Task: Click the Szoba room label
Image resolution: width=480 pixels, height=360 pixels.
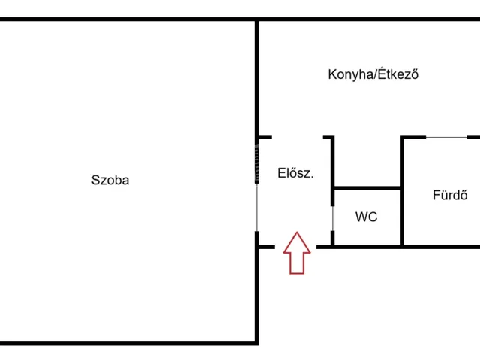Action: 110,180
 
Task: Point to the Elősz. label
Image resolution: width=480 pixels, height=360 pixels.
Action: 295,173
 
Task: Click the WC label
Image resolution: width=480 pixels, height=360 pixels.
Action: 367,217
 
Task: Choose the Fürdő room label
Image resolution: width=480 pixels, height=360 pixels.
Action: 450,195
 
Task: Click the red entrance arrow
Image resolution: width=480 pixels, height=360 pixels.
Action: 297,253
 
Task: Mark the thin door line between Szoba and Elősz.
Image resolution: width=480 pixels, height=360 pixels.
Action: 256,207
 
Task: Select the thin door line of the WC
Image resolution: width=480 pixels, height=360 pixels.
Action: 333,218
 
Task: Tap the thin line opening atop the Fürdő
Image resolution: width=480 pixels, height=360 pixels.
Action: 447,137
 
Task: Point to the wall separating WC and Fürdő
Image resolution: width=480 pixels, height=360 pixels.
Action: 402,190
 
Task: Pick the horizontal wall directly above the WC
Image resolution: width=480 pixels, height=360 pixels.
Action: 367,188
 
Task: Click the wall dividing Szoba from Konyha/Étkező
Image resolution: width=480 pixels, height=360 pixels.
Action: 256,78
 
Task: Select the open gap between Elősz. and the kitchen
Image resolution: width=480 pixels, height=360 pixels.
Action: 298,137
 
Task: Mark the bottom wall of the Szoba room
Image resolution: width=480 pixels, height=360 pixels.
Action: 128,343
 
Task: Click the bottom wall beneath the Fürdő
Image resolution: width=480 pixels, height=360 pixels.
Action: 442,247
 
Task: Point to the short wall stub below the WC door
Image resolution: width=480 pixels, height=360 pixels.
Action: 333,238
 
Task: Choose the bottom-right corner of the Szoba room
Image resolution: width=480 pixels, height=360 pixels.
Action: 256,343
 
